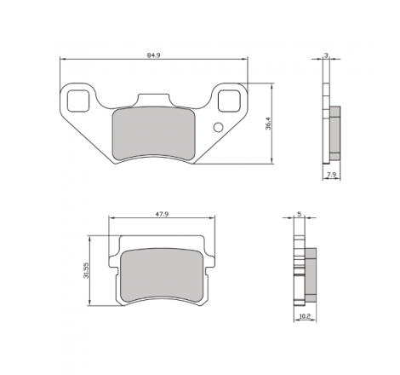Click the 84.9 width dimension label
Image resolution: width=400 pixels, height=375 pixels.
coord(153,55)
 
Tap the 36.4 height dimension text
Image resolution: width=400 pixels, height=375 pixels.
coord(268,124)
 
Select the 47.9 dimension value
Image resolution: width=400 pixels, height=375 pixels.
coord(162,214)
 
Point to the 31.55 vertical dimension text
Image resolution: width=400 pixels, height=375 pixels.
coord(86,270)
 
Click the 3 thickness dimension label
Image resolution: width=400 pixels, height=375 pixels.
coord(326,55)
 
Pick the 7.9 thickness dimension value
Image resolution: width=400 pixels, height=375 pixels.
coord(332,175)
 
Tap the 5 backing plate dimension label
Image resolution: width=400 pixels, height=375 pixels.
coord(300,214)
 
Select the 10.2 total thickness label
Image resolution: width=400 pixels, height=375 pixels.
coord(305,316)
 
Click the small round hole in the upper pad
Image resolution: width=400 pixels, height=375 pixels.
coord(218,127)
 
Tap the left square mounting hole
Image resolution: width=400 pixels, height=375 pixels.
coord(78,101)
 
